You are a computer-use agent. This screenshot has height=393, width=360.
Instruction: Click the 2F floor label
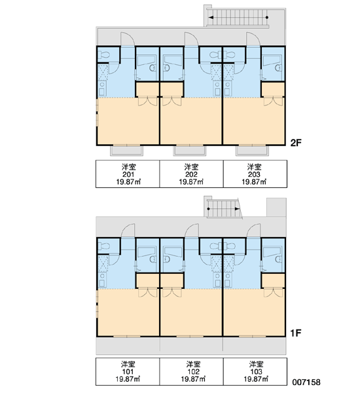pyautogui.click(x=296, y=143)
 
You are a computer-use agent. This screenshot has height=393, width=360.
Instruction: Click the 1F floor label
pyautogui.click(x=296, y=333)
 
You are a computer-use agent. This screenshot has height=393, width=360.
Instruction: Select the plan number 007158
pyautogui.click(x=306, y=382)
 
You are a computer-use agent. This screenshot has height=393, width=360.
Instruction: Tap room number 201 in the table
pyautogui.click(x=128, y=174)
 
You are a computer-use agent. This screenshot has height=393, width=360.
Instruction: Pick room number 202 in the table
pyautogui.click(x=191, y=174)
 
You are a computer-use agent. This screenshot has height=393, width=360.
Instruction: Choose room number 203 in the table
pyautogui.click(x=254, y=174)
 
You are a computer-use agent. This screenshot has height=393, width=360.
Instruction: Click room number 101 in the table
pyautogui.click(x=128, y=371)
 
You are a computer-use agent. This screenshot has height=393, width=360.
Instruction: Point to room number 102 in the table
pyautogui.click(x=193, y=371)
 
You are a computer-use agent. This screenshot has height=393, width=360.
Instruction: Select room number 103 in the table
pyautogui.click(x=256, y=371)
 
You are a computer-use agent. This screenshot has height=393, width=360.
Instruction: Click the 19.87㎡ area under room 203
pyautogui.click(x=254, y=181)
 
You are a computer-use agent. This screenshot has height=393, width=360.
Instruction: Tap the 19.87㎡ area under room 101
pyautogui.click(x=128, y=379)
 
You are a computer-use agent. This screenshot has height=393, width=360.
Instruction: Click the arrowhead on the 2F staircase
pyautogui.click(x=211, y=18)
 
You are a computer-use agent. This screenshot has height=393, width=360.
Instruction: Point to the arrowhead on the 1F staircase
pyautogui.click(x=237, y=208)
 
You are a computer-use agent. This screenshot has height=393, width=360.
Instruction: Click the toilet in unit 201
pyautogui.click(x=103, y=54)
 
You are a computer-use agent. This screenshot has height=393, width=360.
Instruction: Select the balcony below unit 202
pyautogui.click(x=190, y=151)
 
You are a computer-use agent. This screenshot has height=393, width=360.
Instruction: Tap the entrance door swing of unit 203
pyautogui.click(x=253, y=39)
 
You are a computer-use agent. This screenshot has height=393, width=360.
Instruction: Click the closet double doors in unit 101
pyautogui.click(x=147, y=293)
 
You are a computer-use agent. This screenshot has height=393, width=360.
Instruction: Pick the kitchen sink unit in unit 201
pyautogui.click(x=102, y=88)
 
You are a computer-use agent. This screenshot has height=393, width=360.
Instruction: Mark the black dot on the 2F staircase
pyautogui.click(x=267, y=18)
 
